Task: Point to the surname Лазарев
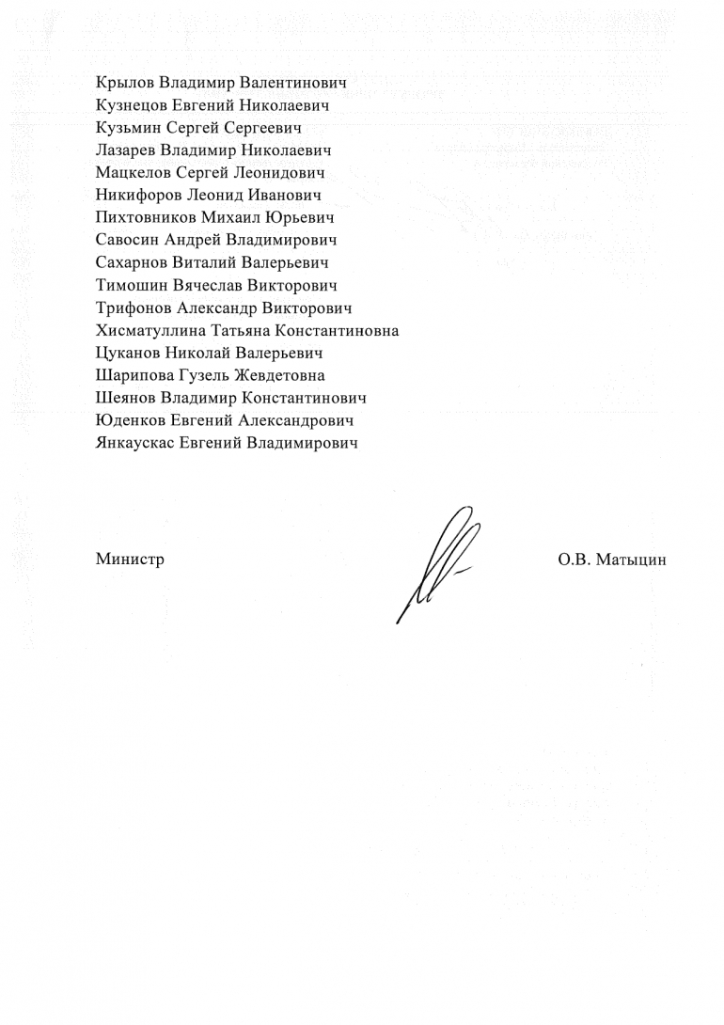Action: (126, 150)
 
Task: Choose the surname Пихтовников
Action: (146, 218)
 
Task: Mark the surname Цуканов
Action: (129, 354)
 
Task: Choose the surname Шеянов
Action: (125, 399)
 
